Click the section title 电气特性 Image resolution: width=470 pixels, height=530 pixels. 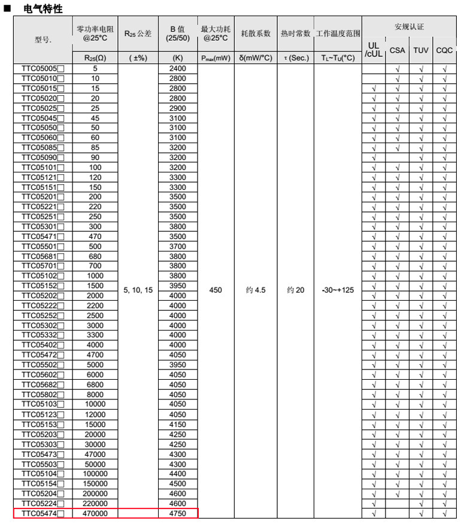(43, 9)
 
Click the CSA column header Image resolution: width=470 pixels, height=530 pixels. (397, 50)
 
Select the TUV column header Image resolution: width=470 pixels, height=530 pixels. (421, 50)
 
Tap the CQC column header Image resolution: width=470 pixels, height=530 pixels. (444, 50)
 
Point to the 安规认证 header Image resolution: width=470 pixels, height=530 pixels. (409, 28)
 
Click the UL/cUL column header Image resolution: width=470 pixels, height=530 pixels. (374, 50)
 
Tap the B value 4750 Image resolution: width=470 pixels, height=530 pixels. (178, 514)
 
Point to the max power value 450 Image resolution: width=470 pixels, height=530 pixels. (216, 290)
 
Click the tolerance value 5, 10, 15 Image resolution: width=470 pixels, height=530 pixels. (138, 290)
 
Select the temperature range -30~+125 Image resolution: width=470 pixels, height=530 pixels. (338, 290)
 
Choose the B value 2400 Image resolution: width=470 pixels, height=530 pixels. (178, 69)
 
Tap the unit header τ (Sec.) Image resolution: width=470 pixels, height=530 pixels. (295, 59)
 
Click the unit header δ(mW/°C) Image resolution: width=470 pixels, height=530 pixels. (256, 59)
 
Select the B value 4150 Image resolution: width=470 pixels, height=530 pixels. (178, 425)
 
